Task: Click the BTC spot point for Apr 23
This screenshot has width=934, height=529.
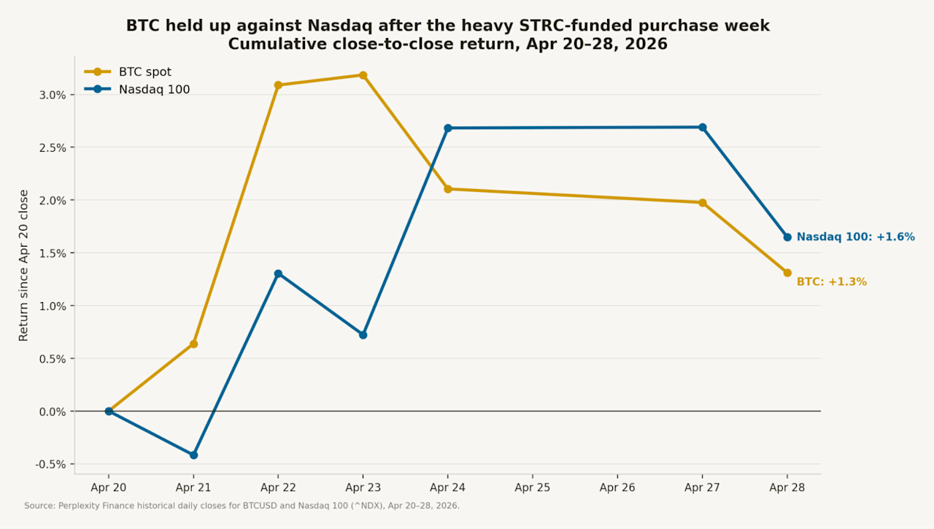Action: (363, 75)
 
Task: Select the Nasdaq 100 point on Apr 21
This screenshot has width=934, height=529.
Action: (193, 455)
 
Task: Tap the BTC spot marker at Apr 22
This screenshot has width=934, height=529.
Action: (278, 85)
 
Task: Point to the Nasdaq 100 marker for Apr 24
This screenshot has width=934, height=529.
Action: (448, 128)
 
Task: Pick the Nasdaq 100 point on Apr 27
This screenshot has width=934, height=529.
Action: (702, 127)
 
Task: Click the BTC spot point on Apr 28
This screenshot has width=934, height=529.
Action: (787, 273)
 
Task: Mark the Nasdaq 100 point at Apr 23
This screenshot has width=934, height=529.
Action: (363, 335)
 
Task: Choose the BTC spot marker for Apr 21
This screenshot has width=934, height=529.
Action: (193, 344)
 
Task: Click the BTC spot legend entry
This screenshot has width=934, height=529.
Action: (128, 72)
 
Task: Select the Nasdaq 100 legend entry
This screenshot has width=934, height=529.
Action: (137, 89)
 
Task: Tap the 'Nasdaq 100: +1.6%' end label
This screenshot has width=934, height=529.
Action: (856, 237)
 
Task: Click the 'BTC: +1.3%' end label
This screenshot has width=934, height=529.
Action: (831, 282)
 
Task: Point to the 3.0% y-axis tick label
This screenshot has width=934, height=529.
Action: (53, 95)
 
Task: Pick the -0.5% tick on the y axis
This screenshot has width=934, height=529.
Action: (51, 464)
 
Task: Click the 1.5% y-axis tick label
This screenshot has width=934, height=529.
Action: (53, 253)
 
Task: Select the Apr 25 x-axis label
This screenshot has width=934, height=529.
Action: (533, 487)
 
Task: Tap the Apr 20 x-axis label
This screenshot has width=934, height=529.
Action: (109, 487)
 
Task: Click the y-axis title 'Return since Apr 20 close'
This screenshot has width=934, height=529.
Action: (23, 266)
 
